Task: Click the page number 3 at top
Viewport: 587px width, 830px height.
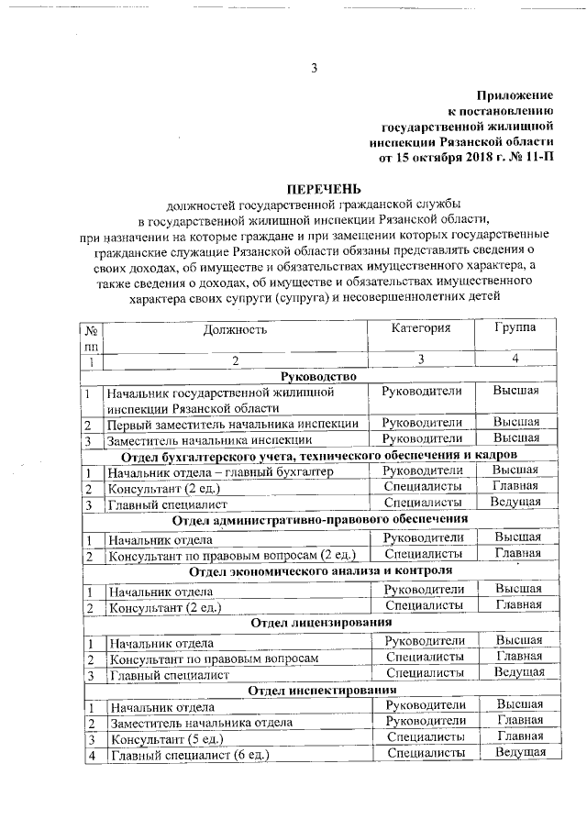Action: click(x=314, y=68)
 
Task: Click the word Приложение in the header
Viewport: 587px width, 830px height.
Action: click(x=515, y=95)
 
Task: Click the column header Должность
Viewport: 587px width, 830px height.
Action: click(x=236, y=328)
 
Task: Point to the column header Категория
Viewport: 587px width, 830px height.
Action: click(x=421, y=327)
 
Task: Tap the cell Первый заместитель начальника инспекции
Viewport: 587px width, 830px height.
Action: click(x=233, y=425)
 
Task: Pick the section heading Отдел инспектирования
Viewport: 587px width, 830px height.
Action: click(x=322, y=689)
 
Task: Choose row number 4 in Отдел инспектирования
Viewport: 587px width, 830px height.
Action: click(x=92, y=755)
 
